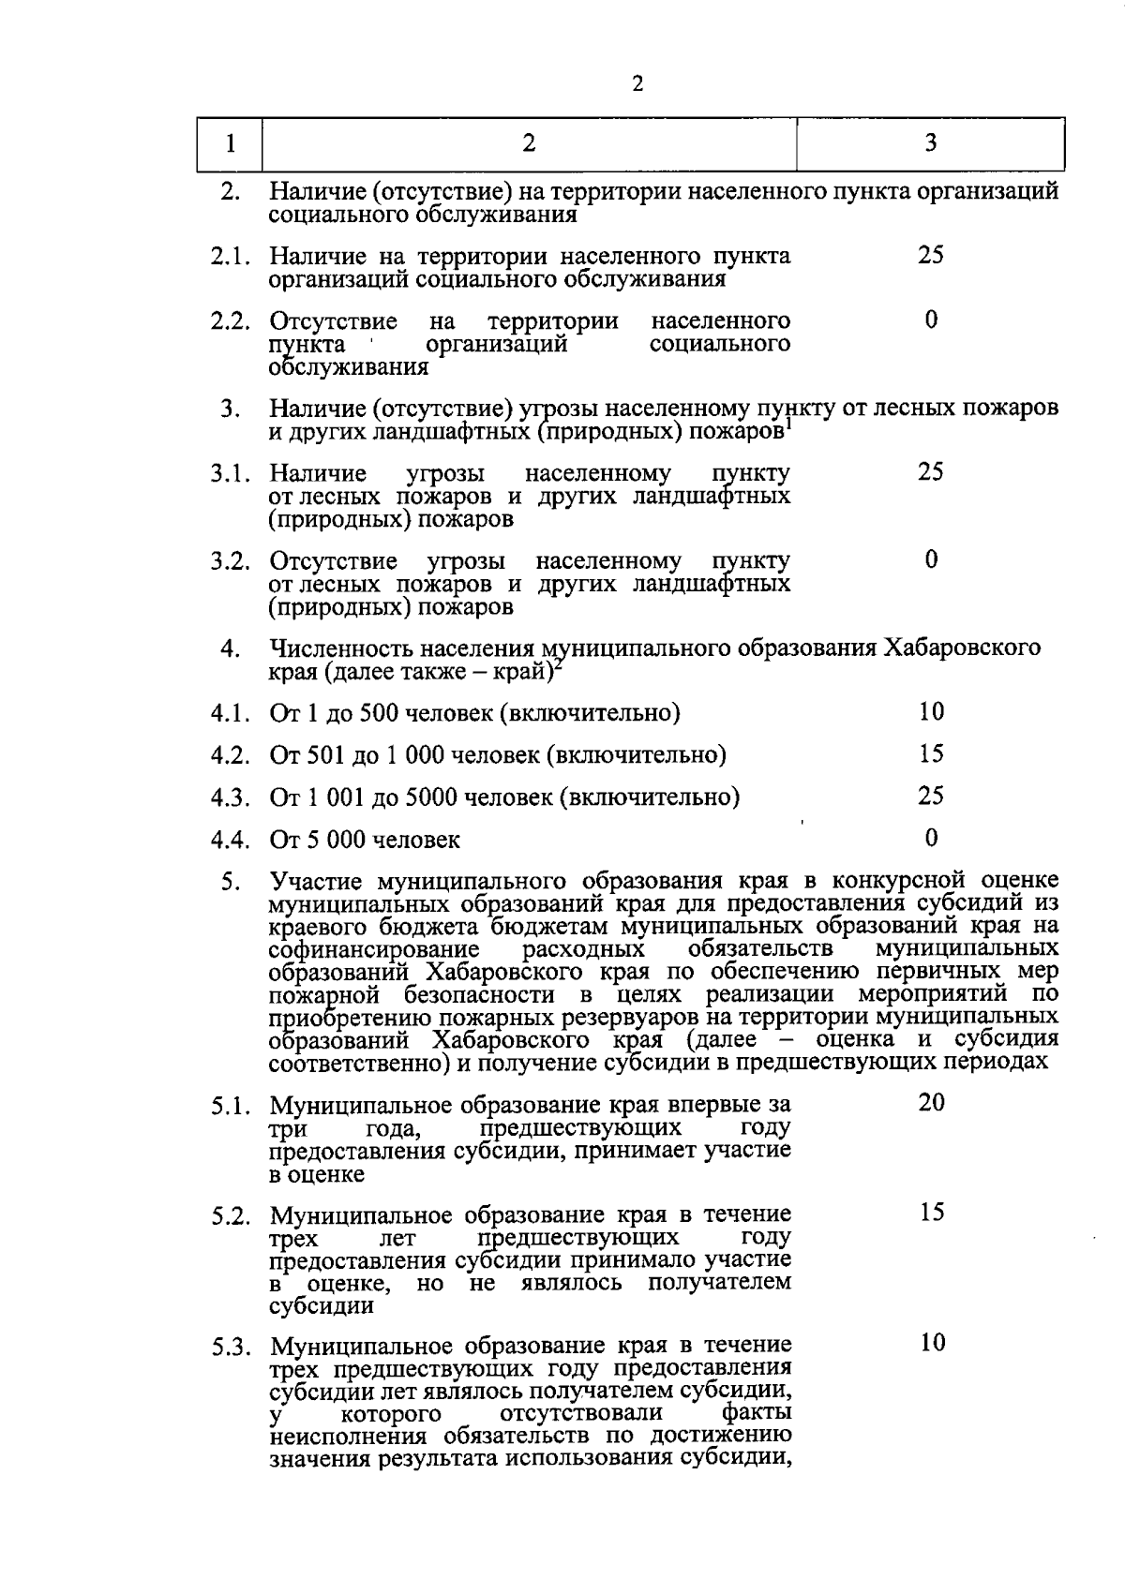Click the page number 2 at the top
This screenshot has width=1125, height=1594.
(x=638, y=84)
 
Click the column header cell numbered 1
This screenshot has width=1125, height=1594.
(x=230, y=143)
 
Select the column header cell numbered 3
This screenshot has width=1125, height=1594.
(x=930, y=142)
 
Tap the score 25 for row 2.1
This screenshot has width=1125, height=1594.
(x=930, y=255)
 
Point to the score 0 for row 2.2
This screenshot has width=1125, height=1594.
(x=930, y=320)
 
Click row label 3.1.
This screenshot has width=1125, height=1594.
(x=230, y=473)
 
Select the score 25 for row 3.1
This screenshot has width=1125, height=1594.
(x=930, y=471)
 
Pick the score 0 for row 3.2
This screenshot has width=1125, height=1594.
(x=930, y=559)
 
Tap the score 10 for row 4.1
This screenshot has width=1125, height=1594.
(x=930, y=712)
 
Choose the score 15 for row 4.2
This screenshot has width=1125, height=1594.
(x=930, y=753)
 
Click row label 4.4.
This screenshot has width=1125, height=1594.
(x=230, y=840)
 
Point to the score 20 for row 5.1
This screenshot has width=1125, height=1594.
(x=930, y=1102)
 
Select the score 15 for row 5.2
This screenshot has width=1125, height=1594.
(x=930, y=1213)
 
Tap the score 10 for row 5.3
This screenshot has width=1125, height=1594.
(x=930, y=1343)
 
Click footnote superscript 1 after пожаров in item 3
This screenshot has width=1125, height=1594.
(x=789, y=424)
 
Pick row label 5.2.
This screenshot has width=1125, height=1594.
(x=230, y=1217)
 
